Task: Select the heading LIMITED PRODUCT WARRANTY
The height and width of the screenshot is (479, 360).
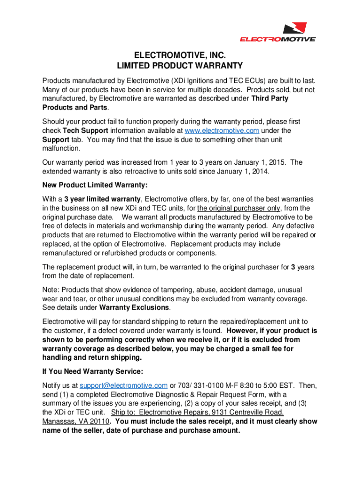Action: (x=180, y=66)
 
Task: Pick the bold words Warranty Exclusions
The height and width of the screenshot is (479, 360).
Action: (x=134, y=307)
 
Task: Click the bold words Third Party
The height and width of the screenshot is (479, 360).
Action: (x=270, y=99)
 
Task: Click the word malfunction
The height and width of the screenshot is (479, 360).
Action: (x=61, y=149)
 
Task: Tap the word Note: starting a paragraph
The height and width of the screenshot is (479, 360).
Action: (x=50, y=290)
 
